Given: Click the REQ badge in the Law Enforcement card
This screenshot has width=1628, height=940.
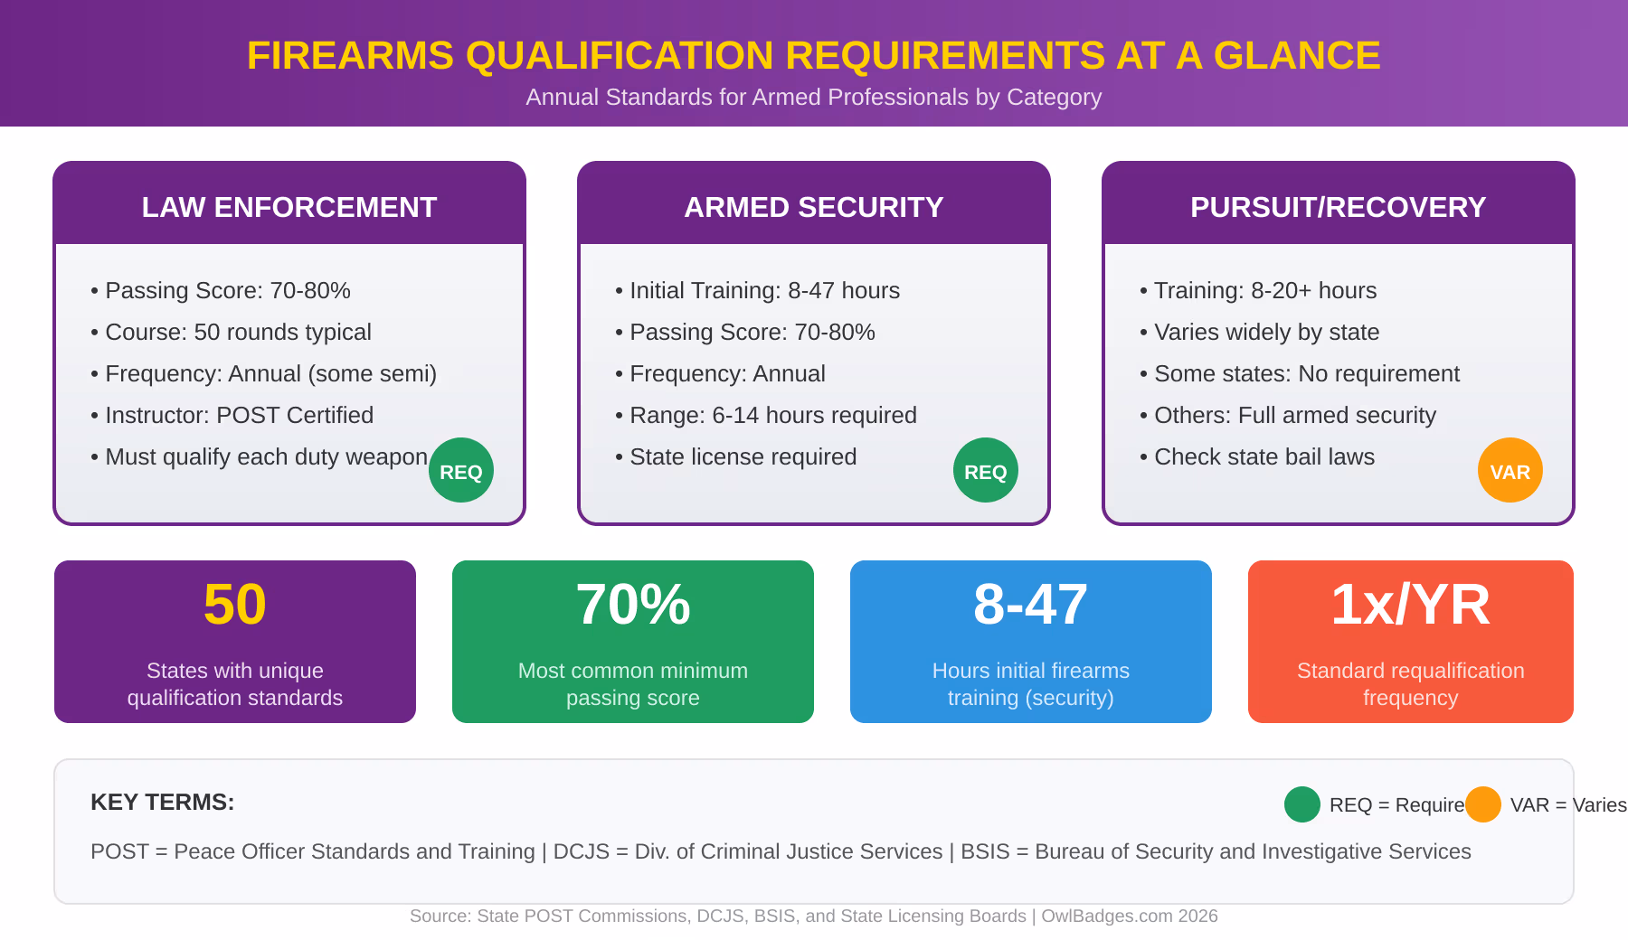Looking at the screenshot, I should point(461,470).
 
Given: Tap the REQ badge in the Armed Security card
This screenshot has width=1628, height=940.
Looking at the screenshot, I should point(986,470).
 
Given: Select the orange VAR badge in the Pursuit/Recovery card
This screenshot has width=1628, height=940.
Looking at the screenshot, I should point(1510,470).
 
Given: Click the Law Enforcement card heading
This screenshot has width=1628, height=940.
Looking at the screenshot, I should point(289,207).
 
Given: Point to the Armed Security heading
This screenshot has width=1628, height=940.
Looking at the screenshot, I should point(814,207).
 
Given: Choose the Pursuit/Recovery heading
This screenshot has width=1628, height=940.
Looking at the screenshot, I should point(1338,207).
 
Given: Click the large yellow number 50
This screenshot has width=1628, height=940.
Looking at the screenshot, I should point(235,604).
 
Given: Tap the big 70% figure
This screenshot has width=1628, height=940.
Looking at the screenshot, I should point(633,604).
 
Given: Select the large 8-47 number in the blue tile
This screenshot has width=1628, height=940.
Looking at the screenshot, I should point(1031,604).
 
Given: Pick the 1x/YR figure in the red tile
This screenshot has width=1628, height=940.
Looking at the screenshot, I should point(1410,604).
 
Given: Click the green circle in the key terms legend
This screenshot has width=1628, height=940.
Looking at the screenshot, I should point(1302,804).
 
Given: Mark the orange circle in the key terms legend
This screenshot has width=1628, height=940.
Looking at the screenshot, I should point(1483,804).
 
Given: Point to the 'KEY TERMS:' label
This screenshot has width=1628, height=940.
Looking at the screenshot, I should point(163,802).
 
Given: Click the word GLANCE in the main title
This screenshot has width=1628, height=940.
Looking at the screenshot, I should point(1296,55).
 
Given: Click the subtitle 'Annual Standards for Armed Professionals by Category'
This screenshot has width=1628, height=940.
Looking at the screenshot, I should point(814,97).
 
